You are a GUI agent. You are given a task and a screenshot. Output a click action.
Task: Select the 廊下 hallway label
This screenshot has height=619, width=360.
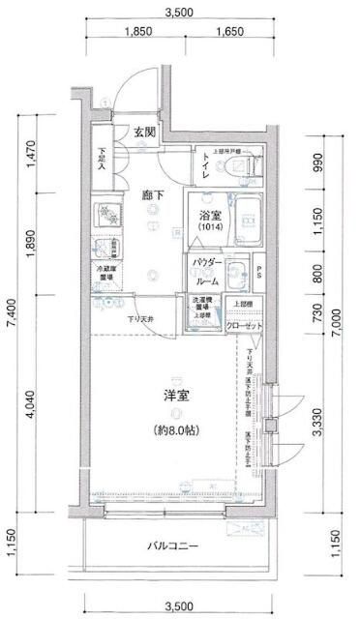tap(153, 193)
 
